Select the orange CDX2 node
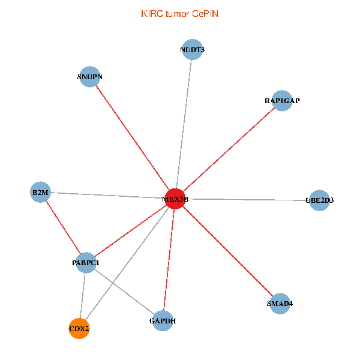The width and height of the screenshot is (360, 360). point(79,328)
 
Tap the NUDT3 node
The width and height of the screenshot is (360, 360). point(192,50)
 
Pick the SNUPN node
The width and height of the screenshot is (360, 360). point(89,77)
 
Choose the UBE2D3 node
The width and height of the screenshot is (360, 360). point(319,200)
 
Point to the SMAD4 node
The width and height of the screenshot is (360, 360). point(280,304)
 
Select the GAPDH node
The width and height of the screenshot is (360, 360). point(163,321)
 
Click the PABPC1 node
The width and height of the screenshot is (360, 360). point(86,262)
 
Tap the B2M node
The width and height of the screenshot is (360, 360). point(40,193)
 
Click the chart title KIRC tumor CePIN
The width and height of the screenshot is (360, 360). point(179,13)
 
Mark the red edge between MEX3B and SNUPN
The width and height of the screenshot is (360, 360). point(132,138)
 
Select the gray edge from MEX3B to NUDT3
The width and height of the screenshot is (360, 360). point(183,124)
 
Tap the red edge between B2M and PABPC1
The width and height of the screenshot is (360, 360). point(63,227)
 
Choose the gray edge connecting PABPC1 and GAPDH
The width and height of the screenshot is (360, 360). point(124,292)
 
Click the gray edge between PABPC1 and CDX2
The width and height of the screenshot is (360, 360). point(83,295)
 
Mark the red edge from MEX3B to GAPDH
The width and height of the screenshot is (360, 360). point(169,260)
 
